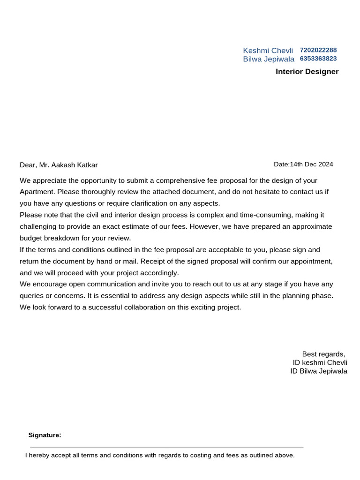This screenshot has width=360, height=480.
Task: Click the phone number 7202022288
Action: click(318, 50)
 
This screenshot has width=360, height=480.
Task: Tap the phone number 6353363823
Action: click(318, 59)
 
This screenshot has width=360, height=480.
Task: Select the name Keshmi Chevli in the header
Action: click(268, 51)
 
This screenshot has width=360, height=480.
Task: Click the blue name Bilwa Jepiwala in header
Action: click(269, 59)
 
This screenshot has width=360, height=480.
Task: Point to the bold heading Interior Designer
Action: click(307, 72)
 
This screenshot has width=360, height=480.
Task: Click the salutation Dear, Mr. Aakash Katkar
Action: click(59, 165)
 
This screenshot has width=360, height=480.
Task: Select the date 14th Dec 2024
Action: click(311, 164)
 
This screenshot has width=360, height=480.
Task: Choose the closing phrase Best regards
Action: click(323, 354)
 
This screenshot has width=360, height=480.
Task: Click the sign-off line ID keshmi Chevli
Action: click(320, 363)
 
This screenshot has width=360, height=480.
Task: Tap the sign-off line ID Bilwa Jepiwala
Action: click(319, 371)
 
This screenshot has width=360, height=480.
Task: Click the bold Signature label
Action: click(45, 435)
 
